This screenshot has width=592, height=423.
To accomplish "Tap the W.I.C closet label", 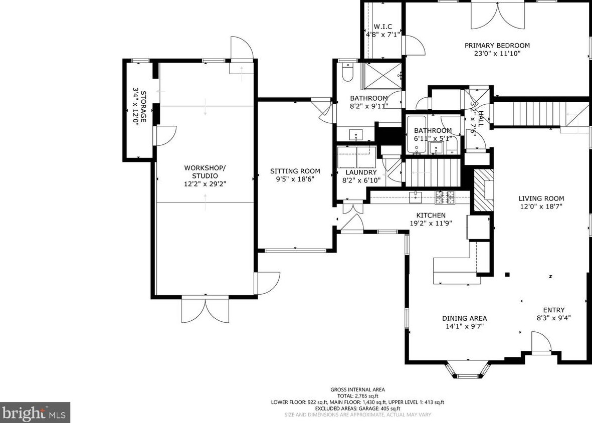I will (382, 27).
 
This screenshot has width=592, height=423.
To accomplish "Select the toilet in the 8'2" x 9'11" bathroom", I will (347, 72).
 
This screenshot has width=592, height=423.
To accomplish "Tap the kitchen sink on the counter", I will (416, 198).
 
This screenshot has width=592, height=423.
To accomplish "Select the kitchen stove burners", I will (444, 198).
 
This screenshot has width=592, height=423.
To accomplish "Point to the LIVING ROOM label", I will (541, 198).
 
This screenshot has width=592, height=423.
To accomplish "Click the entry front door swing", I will (541, 345).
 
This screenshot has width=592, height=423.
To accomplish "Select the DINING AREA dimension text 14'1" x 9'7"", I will (464, 326).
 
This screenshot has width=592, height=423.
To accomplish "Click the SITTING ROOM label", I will (295, 171).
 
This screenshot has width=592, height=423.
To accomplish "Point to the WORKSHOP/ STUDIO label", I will (205, 171).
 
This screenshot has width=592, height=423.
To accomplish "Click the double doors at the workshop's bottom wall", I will (205, 310).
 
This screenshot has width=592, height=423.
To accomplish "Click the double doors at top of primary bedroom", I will (497, 15).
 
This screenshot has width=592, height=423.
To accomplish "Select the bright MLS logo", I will (35, 412).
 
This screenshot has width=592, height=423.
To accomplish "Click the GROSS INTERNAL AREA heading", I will (357, 389).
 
